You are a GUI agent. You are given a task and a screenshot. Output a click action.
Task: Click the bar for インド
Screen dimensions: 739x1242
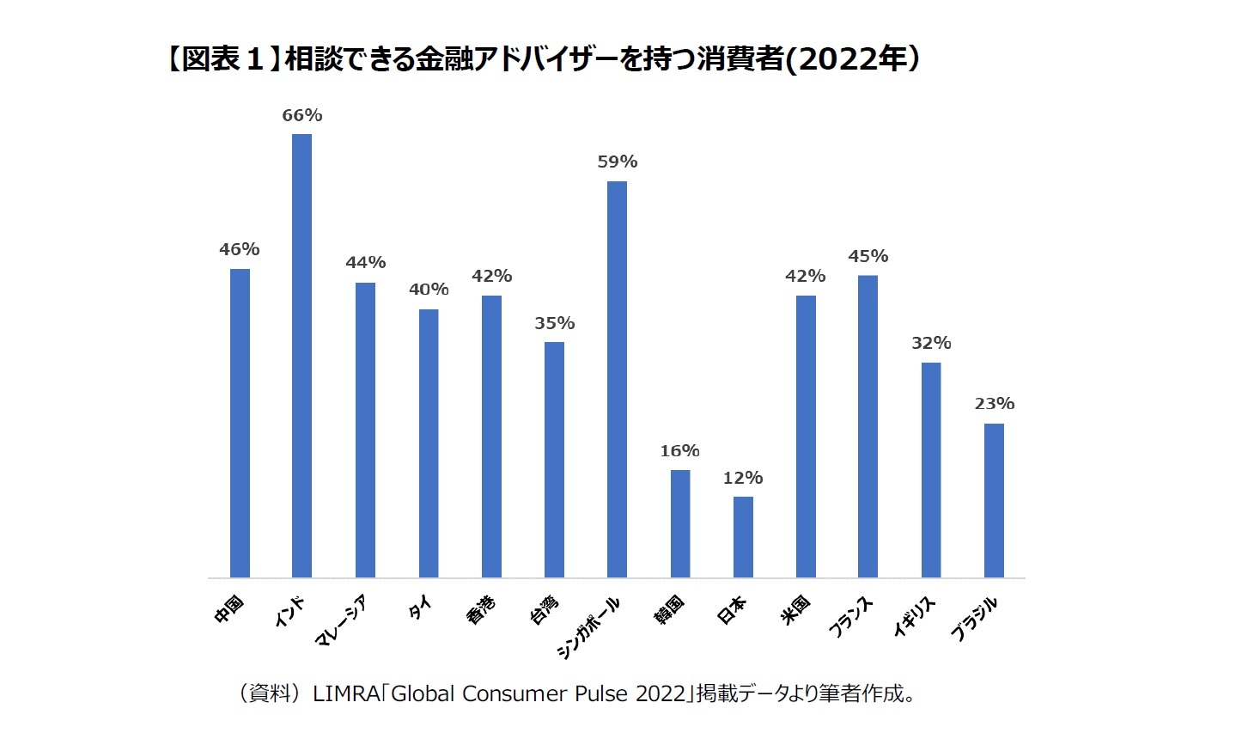301,356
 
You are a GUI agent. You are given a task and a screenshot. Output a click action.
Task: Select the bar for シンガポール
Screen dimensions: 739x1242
617,379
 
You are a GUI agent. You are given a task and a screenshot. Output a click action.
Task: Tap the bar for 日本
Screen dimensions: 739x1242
743,537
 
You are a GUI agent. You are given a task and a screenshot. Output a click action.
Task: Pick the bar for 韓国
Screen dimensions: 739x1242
679,523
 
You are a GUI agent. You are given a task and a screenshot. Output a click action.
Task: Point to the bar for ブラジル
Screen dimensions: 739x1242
994,500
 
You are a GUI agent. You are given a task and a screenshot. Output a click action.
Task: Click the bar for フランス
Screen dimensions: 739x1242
868,426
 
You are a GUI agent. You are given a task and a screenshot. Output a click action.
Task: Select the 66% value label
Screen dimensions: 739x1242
301,115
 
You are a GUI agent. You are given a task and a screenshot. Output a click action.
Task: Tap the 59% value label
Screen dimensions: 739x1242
617,162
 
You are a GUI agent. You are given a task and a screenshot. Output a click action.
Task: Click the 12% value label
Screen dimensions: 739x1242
743,478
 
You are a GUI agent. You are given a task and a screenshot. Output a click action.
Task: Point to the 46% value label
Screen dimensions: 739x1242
239,249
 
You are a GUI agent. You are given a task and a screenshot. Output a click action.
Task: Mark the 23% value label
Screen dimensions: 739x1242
994,403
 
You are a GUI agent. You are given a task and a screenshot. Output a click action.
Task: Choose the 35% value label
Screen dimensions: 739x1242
554,323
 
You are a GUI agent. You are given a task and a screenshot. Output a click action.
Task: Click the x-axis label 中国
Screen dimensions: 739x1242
229,608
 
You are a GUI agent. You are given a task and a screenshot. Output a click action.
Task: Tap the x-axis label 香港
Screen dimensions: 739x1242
481,609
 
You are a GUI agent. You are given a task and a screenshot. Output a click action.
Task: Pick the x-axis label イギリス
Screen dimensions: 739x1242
914,617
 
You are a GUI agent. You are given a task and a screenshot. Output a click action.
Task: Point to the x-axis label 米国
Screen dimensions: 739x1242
796,609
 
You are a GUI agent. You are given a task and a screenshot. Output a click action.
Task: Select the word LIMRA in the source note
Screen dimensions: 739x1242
345,693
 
